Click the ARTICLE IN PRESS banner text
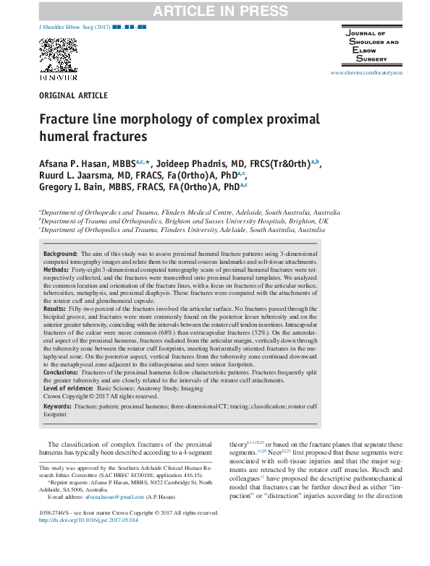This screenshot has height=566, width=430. pos(215,9)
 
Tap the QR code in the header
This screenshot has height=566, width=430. pos(52,53)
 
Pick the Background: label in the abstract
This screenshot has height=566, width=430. pos(61,255)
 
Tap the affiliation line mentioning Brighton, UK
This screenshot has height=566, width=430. pos(185,220)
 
